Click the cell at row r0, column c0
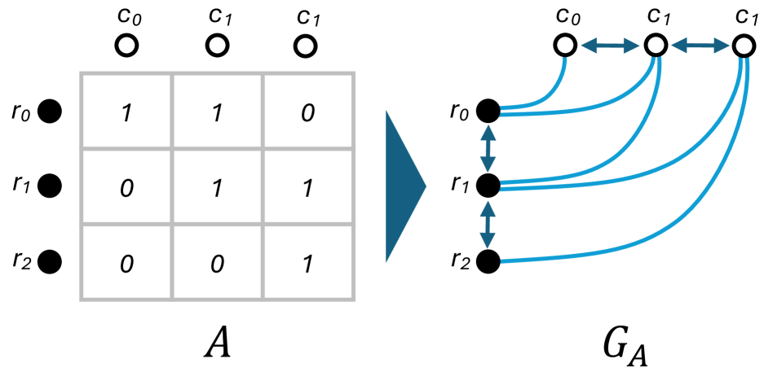(x=126, y=112)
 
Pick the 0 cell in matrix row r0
(x=307, y=112)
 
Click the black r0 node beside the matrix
(x=51, y=112)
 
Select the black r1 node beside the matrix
(x=51, y=186)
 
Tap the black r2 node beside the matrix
(x=51, y=261)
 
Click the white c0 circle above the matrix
(x=126, y=46)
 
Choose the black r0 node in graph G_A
(x=488, y=112)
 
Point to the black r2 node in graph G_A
(x=488, y=261)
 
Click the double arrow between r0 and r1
(x=488, y=149)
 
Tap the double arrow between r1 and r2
(x=488, y=224)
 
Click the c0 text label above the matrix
(x=126, y=16)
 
